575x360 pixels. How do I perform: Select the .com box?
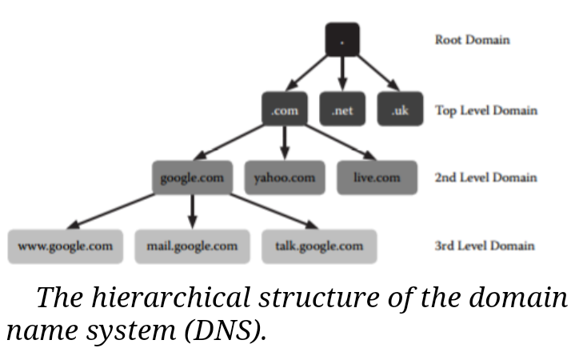(285, 110)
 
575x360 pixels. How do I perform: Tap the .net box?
(342, 110)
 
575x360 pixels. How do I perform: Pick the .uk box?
(400, 110)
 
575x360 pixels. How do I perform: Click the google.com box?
(192, 178)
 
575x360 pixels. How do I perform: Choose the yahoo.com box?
(285, 178)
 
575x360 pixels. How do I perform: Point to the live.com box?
(377, 178)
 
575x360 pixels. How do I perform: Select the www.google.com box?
(65, 246)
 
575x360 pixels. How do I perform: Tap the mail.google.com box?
(192, 246)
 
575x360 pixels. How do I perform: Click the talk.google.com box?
(318, 246)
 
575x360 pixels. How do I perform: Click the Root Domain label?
(472, 39)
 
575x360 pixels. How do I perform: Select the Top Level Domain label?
(485, 110)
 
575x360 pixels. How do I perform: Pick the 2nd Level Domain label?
(485, 177)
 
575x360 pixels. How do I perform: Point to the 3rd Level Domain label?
(485, 246)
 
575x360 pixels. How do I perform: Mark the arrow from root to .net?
(342, 76)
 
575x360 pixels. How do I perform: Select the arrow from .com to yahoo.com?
(285, 144)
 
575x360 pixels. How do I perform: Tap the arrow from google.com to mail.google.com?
(192, 212)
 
